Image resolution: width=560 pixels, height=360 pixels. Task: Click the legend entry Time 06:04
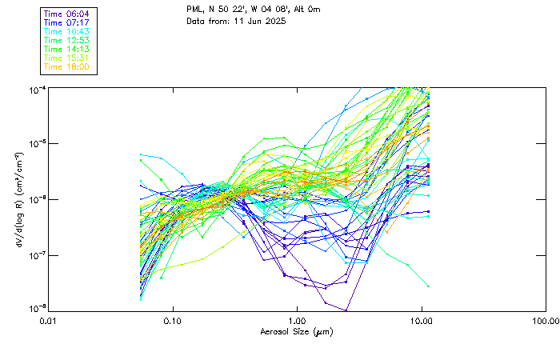pos(66,14)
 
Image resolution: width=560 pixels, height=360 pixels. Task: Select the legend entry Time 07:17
pos(66,23)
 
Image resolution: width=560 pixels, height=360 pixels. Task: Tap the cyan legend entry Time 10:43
pos(66,31)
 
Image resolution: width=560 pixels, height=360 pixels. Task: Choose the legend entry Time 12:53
pos(66,40)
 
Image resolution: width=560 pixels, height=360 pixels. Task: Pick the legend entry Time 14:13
pos(66,49)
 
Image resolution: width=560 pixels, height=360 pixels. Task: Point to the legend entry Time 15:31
pos(66,58)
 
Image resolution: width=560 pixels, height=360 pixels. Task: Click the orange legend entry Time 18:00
pos(66,66)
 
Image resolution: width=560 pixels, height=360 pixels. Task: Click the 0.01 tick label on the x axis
pos(48,321)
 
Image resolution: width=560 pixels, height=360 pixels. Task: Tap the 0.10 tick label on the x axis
pos(172,321)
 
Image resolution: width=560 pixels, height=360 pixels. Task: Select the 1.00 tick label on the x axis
pos(297,321)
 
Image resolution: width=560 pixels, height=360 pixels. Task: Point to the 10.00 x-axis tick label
pos(421,321)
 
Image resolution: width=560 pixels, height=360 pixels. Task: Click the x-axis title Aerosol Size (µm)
pos(297,331)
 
